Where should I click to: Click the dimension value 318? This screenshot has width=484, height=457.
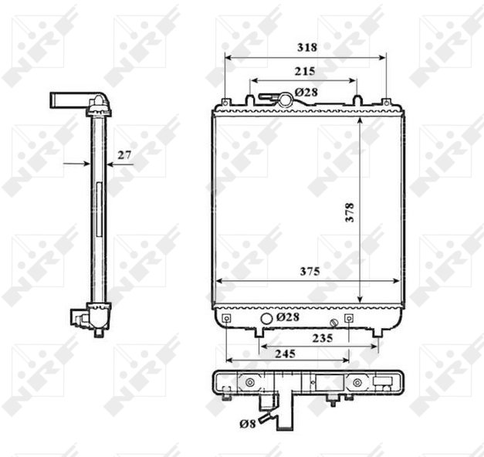click(x=307, y=47)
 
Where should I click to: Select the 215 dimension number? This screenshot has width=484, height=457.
click(x=305, y=71)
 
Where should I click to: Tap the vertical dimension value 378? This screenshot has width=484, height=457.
click(x=350, y=212)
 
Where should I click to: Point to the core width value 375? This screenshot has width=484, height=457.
click(x=310, y=272)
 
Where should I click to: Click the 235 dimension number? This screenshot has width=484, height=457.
click(x=323, y=338)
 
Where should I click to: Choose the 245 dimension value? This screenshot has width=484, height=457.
click(x=285, y=354)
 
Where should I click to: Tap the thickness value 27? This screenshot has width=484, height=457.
click(x=124, y=154)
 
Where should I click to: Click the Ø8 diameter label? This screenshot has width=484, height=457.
click(x=248, y=424)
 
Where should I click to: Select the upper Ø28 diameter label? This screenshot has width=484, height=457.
click(x=306, y=92)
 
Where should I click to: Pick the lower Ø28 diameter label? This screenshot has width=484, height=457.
click(x=288, y=317)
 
